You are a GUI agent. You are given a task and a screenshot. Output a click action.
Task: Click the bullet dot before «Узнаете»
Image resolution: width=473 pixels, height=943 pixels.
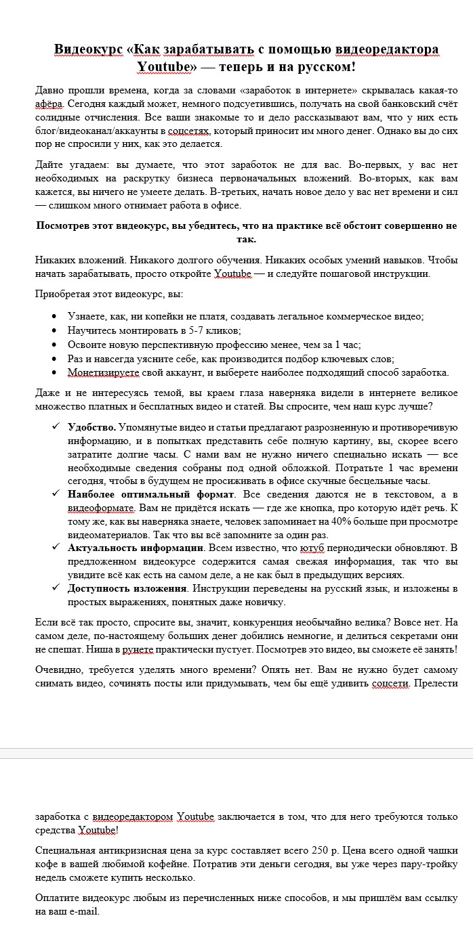[x=55, y=316]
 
